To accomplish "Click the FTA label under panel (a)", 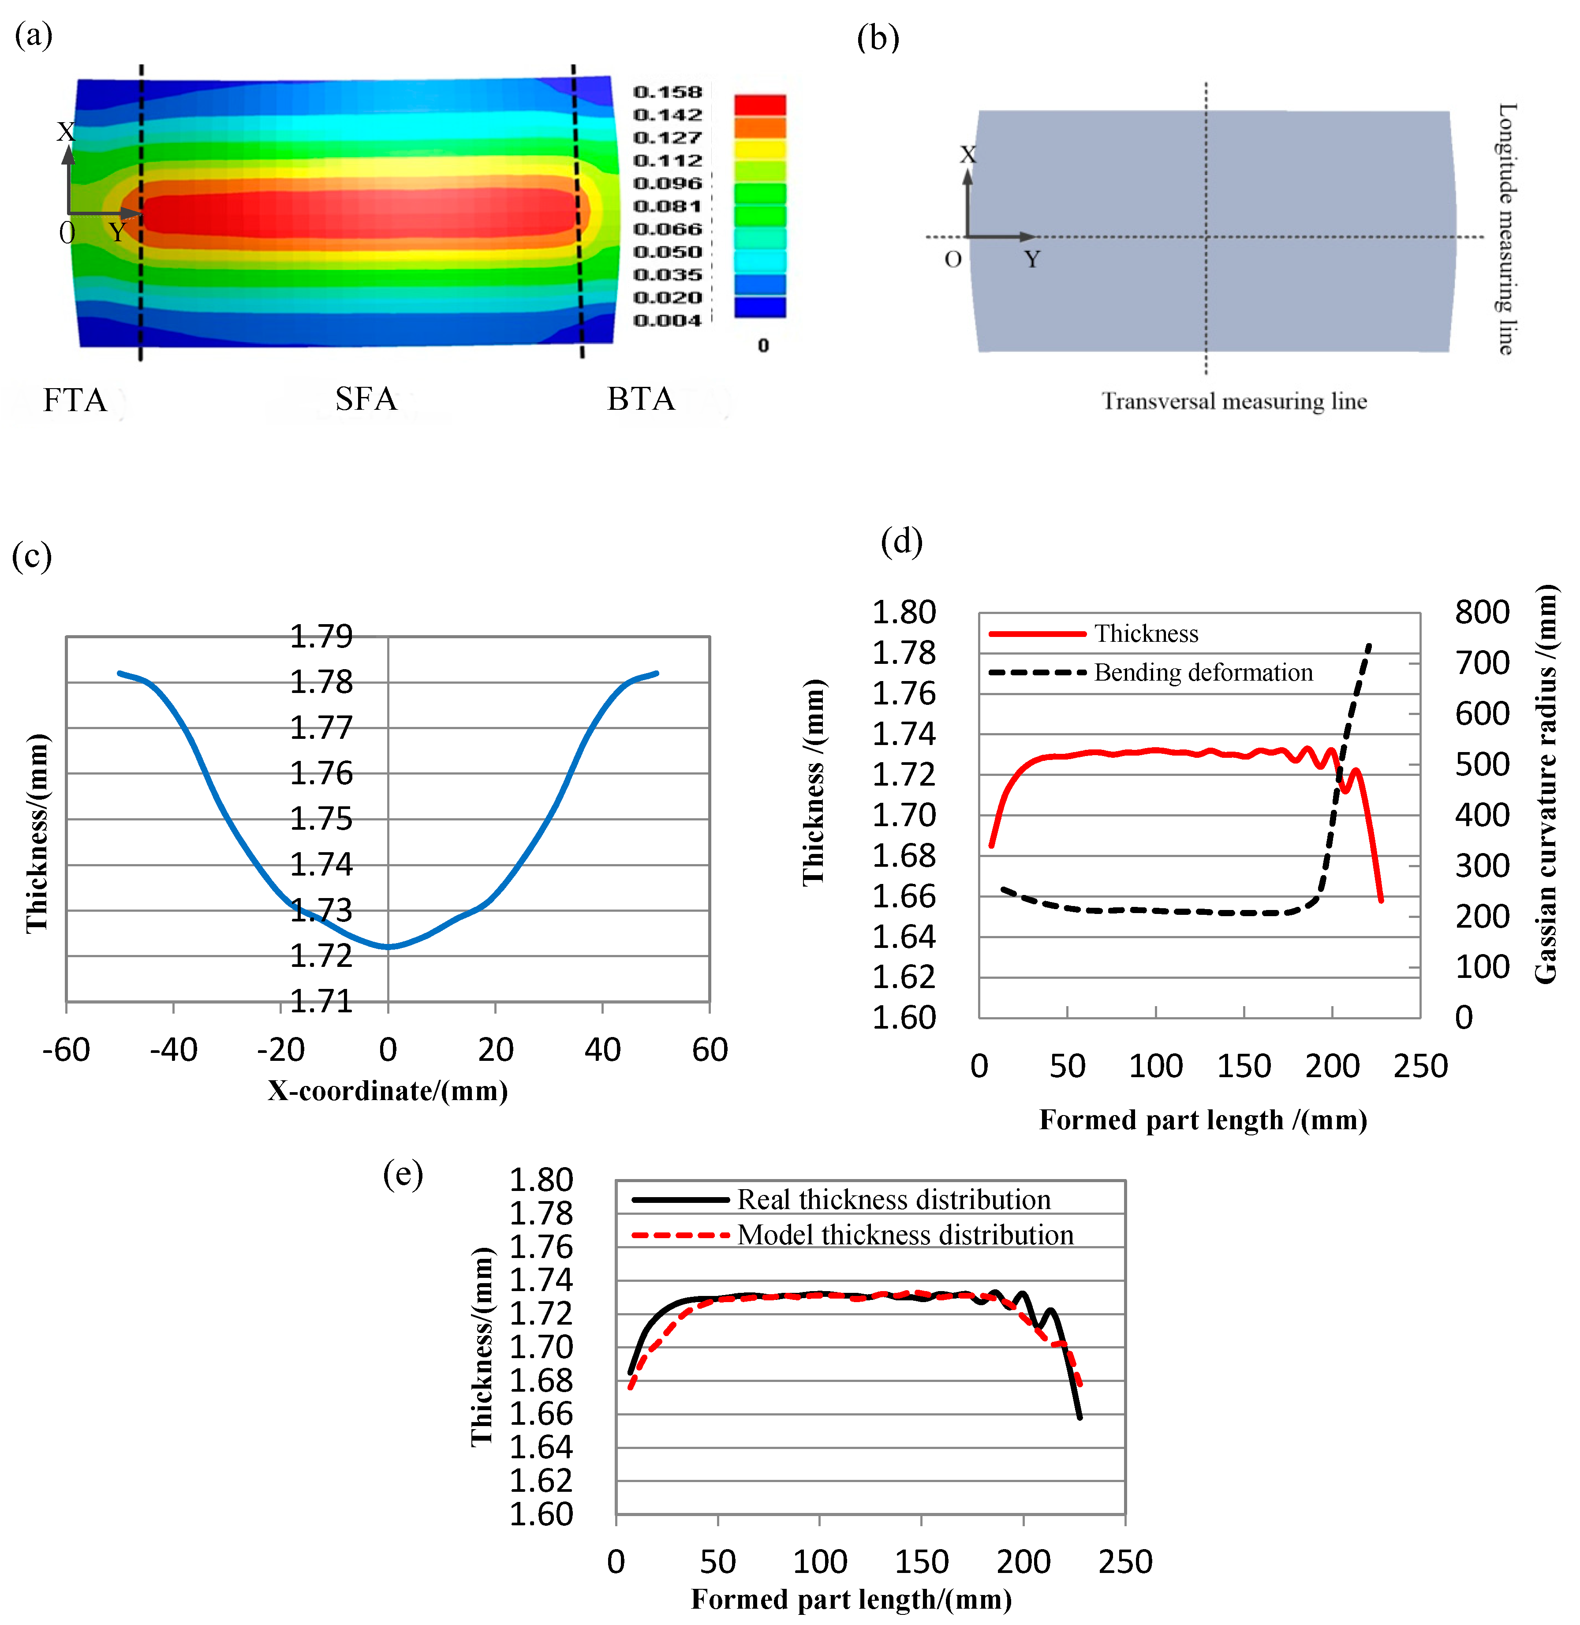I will (x=75, y=400).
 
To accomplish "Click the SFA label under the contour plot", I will (x=366, y=399).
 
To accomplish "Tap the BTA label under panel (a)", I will (x=641, y=399).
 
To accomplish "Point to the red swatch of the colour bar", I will (x=759, y=105).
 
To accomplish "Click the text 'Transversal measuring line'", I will (x=1234, y=402).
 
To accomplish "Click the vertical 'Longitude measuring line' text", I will (x=1507, y=229).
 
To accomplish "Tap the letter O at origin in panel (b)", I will (x=952, y=260).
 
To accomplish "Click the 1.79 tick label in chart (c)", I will (x=321, y=637).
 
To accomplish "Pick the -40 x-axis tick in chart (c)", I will (x=173, y=1050).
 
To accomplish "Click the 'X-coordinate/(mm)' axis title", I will (x=388, y=1090).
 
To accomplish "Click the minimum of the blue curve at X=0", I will (x=388, y=946).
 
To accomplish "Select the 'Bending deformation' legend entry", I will (x=1203, y=672).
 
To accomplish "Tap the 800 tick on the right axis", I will (x=1481, y=613).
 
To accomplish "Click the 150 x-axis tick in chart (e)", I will (x=921, y=1562).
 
